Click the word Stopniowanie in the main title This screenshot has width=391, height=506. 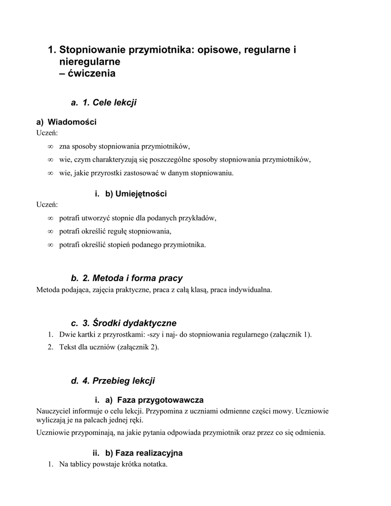click(x=92, y=50)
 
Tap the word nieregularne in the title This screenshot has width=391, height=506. click(x=89, y=62)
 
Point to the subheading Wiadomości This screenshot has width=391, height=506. click(x=72, y=122)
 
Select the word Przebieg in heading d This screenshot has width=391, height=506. click(x=112, y=381)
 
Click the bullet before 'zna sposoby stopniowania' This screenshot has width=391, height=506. click(x=50, y=147)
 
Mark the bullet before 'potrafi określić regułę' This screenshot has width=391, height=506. click(x=50, y=231)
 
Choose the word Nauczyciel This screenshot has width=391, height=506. click(x=53, y=411)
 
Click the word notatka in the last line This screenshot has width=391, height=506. click(x=155, y=464)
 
